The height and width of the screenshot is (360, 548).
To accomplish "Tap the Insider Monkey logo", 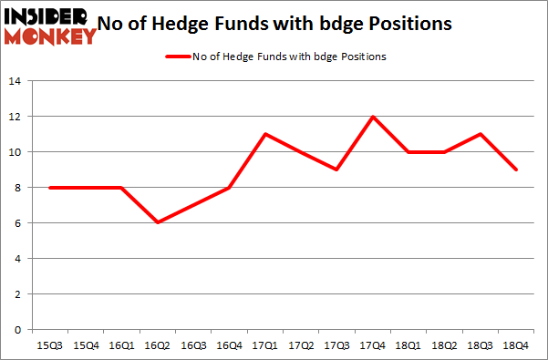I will coord(50,26).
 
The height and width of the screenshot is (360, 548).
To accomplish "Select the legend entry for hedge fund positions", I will coord(274,57).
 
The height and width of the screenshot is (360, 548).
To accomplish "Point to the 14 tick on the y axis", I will coord(17,81).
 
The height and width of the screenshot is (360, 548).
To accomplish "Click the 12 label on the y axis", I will coord(17,117).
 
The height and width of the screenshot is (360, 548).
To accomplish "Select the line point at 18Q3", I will coord(480,134).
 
